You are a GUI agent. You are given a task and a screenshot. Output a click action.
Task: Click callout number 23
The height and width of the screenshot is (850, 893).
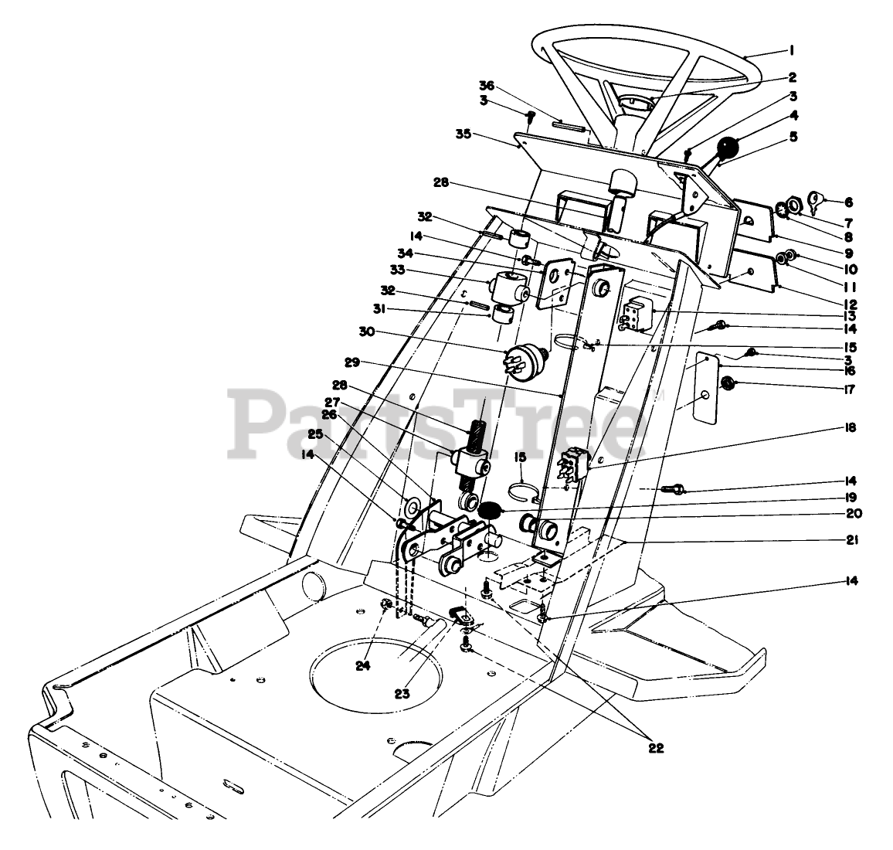(402, 694)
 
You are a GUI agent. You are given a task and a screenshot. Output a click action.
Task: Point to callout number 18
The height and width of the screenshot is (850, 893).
(851, 427)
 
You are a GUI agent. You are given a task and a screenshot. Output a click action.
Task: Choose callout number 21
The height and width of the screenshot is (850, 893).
(851, 539)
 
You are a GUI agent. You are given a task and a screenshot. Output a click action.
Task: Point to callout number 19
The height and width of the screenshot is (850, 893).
(851, 497)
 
